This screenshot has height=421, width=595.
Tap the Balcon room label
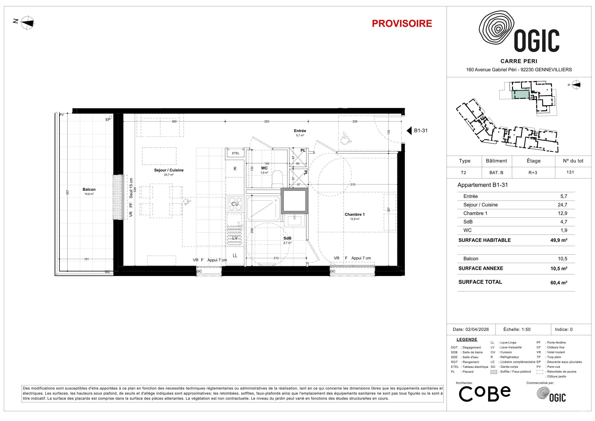point(89,190)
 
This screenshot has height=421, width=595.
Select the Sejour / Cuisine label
point(169,170)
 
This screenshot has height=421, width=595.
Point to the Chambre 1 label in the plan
point(355,214)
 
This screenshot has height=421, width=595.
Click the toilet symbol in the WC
point(278,179)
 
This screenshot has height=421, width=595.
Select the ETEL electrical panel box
point(236,153)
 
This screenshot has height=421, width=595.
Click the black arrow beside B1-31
point(409,131)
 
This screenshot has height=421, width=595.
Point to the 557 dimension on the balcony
point(67,192)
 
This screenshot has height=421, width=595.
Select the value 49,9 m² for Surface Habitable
point(559,240)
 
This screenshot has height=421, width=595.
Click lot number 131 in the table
point(570,172)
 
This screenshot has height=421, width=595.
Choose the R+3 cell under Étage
point(533,173)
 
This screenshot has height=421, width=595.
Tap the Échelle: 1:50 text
point(517,329)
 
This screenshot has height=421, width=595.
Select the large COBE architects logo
point(485,394)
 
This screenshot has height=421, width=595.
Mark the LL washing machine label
point(235,256)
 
